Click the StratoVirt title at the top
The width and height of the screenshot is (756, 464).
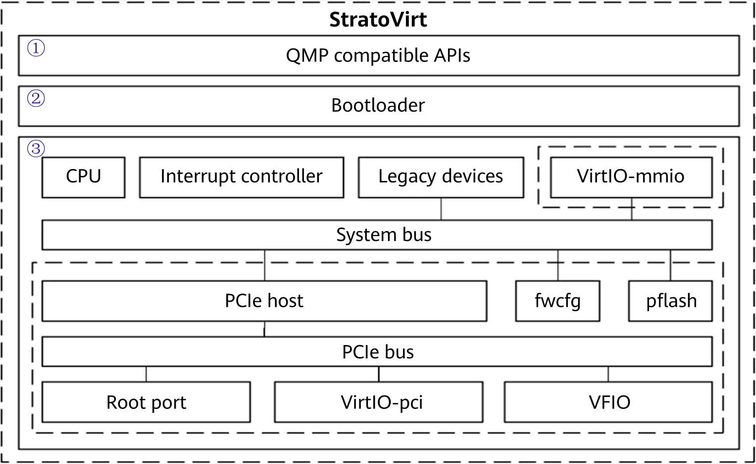[x=378, y=20]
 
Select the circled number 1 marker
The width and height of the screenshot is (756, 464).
[x=36, y=48]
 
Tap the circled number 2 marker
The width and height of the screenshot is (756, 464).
[x=36, y=98]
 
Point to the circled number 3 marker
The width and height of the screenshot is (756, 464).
[x=36, y=148]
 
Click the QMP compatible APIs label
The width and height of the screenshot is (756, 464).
[x=378, y=56]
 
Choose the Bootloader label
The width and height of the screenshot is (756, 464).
[x=378, y=106]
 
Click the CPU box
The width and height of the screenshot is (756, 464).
[x=83, y=177]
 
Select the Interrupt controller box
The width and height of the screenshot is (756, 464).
[x=241, y=177]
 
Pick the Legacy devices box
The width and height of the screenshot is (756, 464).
[x=441, y=177]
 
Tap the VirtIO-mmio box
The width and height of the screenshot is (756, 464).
[x=631, y=177]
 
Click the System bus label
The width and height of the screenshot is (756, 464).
[x=384, y=235]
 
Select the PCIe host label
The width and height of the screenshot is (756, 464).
[x=264, y=301]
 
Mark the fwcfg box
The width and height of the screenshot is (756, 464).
[x=557, y=301]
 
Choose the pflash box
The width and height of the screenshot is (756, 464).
[x=671, y=301]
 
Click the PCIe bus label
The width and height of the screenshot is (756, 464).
[x=378, y=352]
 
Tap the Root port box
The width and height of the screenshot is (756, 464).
[x=146, y=402]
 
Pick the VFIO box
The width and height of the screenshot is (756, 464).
[x=609, y=402]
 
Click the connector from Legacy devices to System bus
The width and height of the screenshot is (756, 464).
[x=441, y=209]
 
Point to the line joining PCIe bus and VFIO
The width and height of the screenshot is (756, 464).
[x=608, y=374]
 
